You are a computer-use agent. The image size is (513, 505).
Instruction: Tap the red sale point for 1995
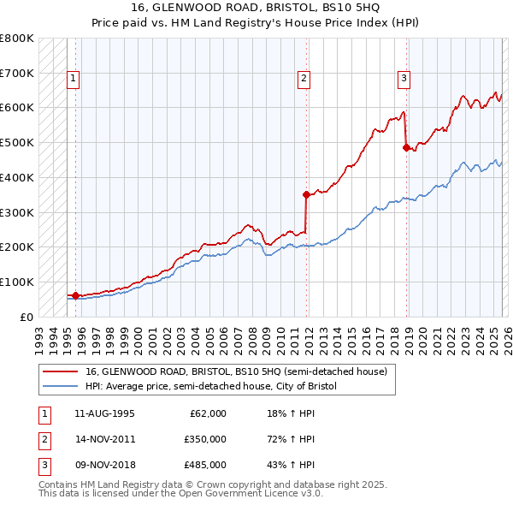75,295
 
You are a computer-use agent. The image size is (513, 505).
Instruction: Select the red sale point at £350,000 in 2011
306,194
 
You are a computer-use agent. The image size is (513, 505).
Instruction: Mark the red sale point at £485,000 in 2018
406,147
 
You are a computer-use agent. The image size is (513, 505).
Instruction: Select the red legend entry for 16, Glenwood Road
236,371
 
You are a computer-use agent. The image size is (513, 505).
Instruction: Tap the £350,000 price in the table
205,439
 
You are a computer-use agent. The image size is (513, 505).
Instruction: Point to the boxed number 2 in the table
42,439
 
